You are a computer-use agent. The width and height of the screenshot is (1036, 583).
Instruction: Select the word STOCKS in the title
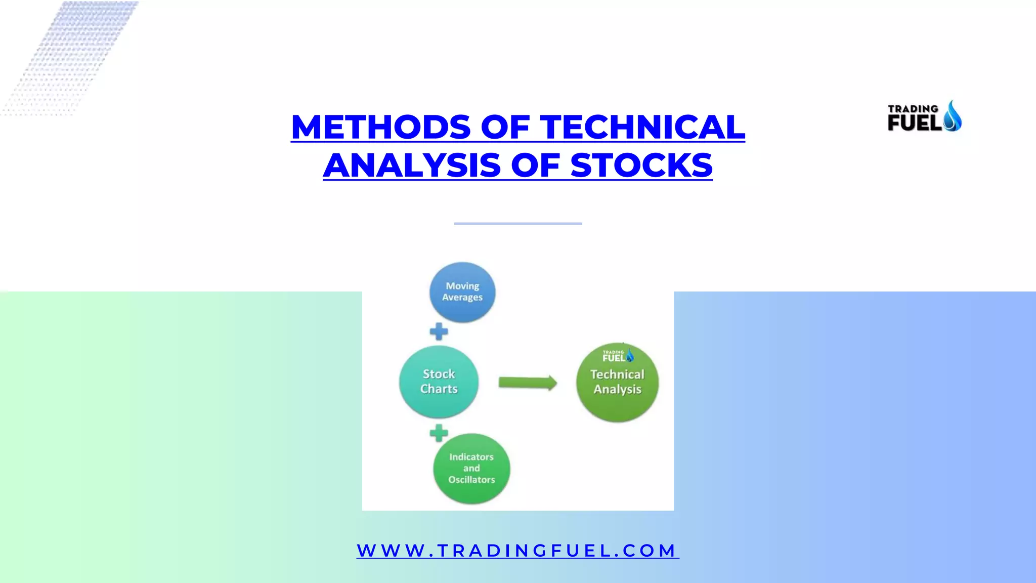coord(641,165)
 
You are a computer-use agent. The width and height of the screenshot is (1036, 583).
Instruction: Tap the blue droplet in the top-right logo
coord(953,116)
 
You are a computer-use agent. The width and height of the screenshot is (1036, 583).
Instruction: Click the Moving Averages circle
coord(462,293)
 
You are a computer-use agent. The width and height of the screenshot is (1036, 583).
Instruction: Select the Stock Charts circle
coord(439,382)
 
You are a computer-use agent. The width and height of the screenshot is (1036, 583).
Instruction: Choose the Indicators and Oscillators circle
coord(471,469)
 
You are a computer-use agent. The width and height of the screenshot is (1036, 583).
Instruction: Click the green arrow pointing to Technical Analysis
coord(528,383)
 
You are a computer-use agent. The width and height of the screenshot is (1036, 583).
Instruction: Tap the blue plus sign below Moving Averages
coord(439,332)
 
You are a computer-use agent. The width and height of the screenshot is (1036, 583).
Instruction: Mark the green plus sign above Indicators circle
coord(439,433)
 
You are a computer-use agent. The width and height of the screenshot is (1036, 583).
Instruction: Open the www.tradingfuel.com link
coord(517,551)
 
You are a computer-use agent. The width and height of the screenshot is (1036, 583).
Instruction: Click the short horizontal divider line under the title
coord(517,223)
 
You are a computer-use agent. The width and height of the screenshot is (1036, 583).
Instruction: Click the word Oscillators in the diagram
coord(471,480)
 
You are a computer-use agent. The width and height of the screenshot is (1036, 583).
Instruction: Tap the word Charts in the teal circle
coord(439,389)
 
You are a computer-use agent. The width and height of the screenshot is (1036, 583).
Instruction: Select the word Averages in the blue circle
coord(462,298)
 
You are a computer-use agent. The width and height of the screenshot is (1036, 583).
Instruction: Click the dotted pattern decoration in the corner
coord(71,56)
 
